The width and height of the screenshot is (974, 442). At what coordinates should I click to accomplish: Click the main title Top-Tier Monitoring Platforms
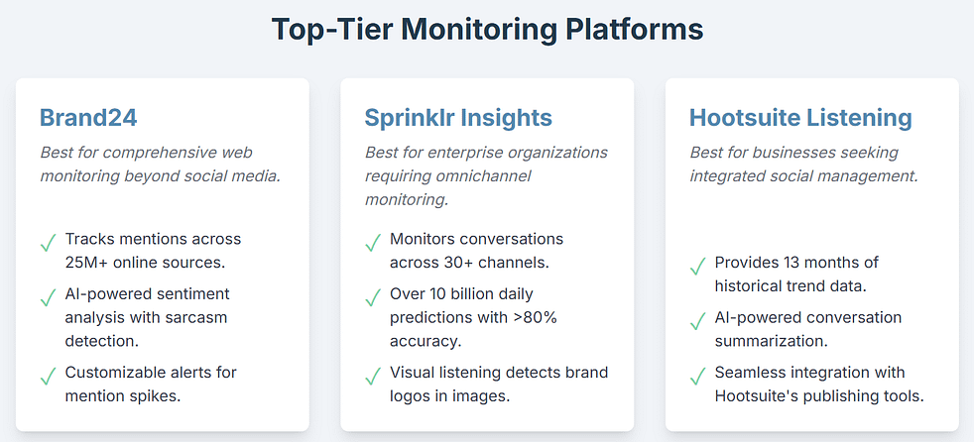tap(487, 30)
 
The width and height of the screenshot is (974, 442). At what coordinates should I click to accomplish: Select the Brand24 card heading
tap(87, 118)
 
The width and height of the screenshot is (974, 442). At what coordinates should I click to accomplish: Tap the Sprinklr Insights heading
tap(458, 118)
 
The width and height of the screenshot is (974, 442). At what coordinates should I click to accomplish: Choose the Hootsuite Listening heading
tap(800, 118)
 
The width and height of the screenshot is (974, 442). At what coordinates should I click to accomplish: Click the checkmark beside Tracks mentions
tap(47, 242)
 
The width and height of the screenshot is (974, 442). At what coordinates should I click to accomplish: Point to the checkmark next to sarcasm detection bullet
tap(47, 296)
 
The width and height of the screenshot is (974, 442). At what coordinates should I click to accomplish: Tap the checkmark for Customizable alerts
tap(47, 376)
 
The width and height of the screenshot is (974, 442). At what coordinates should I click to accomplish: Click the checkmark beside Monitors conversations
tap(372, 242)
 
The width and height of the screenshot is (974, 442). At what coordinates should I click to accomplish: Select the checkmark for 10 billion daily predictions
tap(372, 296)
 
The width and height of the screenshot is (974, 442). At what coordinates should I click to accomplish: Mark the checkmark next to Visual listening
tap(372, 376)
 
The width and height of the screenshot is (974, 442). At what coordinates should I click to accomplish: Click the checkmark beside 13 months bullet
tap(697, 266)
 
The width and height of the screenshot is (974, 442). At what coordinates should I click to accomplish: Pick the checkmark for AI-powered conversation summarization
tap(697, 320)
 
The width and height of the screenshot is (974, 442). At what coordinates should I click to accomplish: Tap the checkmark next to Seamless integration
tap(697, 376)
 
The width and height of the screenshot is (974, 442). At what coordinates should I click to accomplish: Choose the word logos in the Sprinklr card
tap(417, 396)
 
